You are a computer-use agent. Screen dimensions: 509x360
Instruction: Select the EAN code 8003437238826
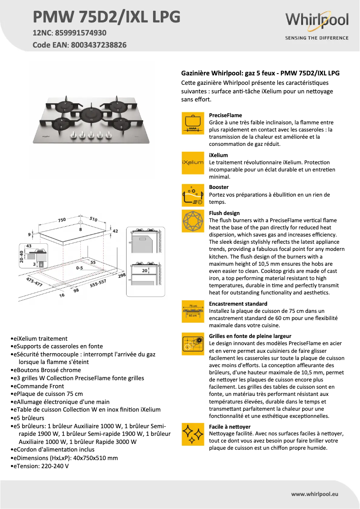98,45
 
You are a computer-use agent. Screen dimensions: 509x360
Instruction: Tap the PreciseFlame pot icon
193,123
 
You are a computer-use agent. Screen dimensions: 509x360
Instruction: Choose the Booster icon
193,195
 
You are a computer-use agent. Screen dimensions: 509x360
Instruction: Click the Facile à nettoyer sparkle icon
193,434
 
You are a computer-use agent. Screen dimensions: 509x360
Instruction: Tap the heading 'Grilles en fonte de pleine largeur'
250,336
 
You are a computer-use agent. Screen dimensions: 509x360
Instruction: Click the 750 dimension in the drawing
61,220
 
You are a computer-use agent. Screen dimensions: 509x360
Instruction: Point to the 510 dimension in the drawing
93,219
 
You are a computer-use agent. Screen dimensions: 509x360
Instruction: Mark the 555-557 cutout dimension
97,283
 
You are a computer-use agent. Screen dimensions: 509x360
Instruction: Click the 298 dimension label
121,275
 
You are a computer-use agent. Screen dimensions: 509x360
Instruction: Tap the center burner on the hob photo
91,113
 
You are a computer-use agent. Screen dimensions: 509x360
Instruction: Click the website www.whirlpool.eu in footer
315,494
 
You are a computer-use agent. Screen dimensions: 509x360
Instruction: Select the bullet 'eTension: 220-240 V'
40,466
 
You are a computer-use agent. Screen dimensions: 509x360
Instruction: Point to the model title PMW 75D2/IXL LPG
107,17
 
